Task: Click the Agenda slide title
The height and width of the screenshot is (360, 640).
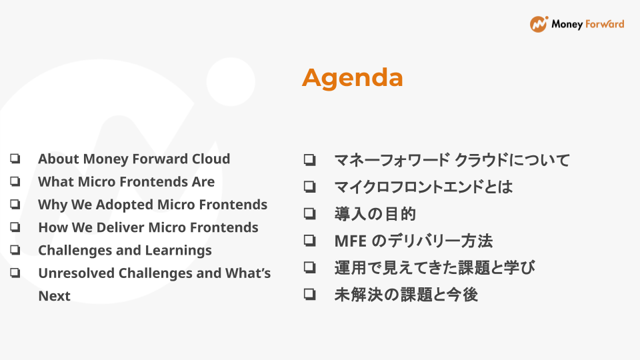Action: click(x=352, y=78)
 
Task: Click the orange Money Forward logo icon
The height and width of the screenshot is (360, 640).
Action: click(x=539, y=24)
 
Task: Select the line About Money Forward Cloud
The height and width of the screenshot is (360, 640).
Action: click(x=134, y=159)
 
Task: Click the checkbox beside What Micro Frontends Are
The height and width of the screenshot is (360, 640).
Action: click(x=15, y=181)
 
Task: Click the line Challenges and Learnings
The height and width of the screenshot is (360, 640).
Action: click(x=125, y=250)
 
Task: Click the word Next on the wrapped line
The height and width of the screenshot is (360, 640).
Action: click(x=54, y=295)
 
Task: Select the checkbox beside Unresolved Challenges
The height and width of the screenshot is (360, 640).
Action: click(x=15, y=273)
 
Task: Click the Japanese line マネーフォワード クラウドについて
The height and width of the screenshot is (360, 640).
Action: click(x=452, y=160)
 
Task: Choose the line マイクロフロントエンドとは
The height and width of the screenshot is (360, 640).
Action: click(x=423, y=187)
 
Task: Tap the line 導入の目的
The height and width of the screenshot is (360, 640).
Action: click(x=375, y=214)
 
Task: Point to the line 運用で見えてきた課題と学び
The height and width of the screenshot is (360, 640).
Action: click(x=435, y=267)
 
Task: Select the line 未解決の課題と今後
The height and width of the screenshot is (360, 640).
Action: click(x=406, y=294)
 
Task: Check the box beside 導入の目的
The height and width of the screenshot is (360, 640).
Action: click(x=309, y=214)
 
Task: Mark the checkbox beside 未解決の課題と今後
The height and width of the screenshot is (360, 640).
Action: click(x=309, y=294)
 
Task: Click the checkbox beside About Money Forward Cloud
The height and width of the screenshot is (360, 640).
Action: click(x=15, y=159)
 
